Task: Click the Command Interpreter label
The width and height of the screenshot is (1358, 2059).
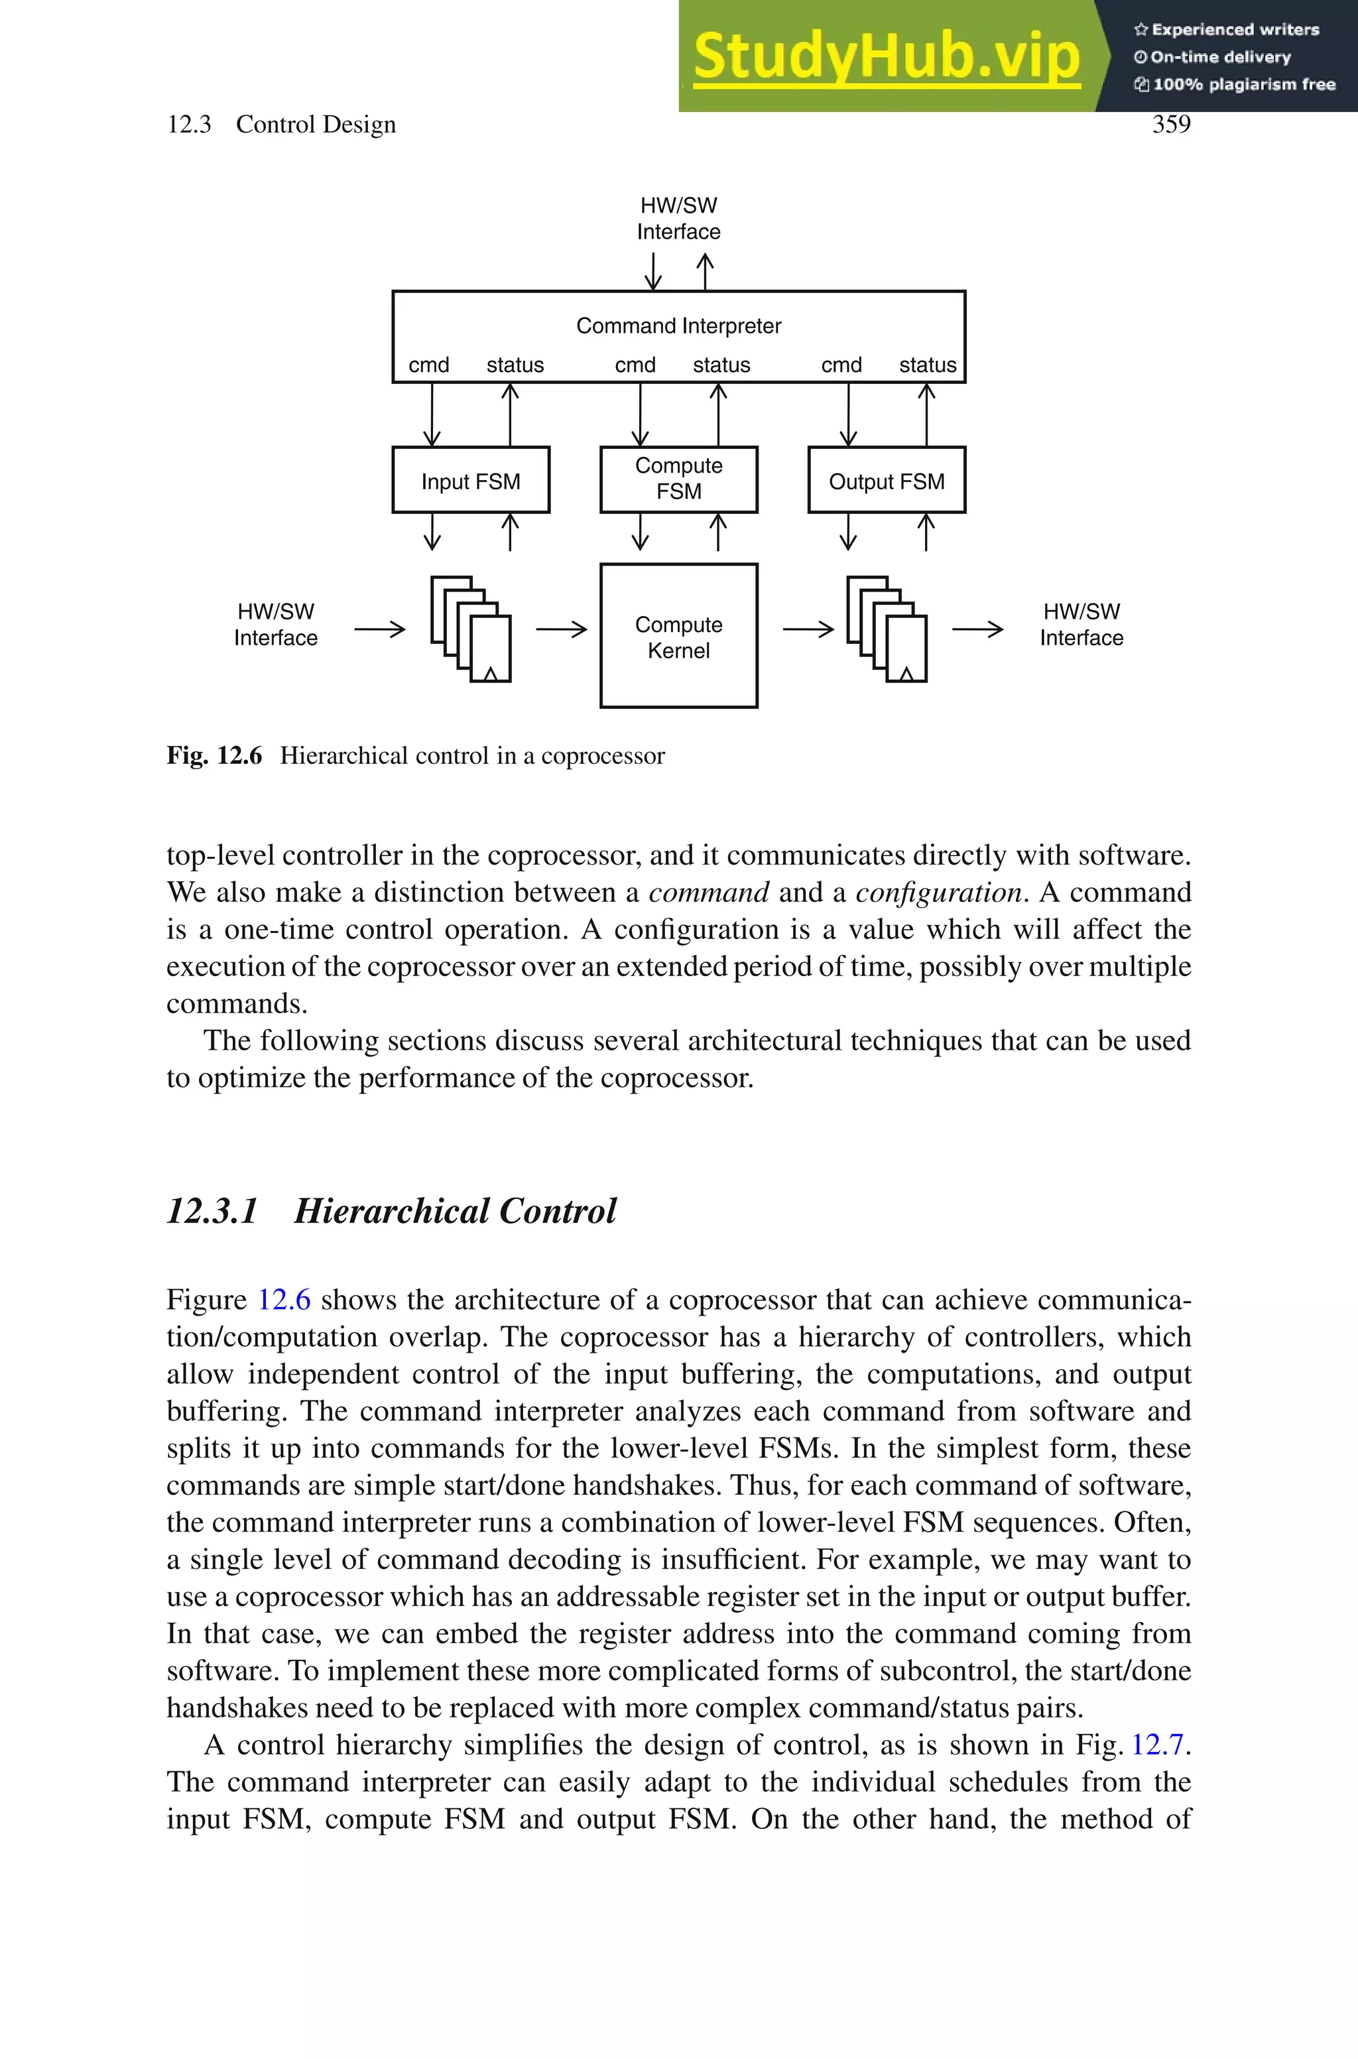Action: coord(678,326)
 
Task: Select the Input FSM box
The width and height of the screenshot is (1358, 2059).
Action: coord(470,481)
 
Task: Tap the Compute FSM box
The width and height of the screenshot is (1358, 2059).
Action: coord(678,479)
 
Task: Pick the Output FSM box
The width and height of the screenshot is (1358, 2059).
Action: coord(886,481)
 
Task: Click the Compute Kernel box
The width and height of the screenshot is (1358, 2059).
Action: coord(678,637)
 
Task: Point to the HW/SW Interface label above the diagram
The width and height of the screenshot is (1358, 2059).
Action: coord(678,218)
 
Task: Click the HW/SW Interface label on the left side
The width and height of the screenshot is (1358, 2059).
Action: coord(275,624)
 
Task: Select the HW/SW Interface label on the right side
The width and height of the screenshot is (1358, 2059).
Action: coord(1081,624)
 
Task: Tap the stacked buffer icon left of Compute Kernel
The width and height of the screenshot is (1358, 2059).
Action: coord(470,629)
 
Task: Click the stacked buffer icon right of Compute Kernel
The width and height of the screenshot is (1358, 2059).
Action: coord(886,629)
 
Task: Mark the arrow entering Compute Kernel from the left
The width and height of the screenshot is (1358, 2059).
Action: coord(561,629)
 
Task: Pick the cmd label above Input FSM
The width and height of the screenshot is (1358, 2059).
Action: coord(429,365)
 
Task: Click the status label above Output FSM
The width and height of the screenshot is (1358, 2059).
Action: coord(927,365)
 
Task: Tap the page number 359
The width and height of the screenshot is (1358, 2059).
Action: coord(1171,125)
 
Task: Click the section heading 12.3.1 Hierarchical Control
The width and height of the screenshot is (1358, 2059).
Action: coord(391,1210)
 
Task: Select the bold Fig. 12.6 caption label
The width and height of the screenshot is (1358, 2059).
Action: coord(214,756)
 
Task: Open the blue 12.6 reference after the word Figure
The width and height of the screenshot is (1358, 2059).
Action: coord(284,1300)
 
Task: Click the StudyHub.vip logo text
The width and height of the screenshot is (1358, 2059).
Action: coord(886,57)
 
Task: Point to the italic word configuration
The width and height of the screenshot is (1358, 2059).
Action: coord(938,892)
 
